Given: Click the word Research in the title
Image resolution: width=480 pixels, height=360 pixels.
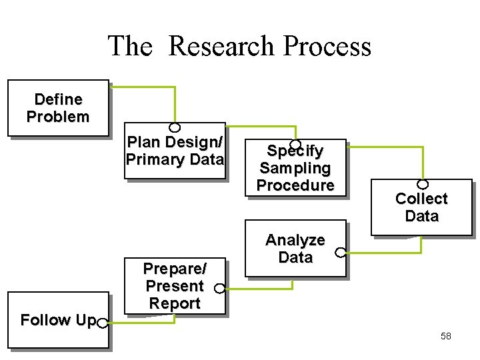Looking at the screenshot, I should pos(223,47).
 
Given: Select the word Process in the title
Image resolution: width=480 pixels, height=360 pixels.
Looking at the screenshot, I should pos(327,47).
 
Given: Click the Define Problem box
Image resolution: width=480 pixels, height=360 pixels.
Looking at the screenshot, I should pos(58,108).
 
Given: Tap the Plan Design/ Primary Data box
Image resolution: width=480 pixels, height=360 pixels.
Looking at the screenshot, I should pos(175,151).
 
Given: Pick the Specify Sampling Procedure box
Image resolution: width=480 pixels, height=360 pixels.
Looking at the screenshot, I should pos(295,168).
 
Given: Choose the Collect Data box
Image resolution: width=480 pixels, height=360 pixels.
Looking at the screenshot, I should pos(421,207).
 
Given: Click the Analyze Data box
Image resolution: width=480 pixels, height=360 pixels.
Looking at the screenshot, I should pos(295,248).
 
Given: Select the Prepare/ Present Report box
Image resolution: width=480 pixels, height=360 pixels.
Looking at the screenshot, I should pos(175,286).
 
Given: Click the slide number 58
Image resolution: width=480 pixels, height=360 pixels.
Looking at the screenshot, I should pos(446,336).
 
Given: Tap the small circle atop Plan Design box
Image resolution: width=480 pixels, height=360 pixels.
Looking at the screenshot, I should pos(175,127).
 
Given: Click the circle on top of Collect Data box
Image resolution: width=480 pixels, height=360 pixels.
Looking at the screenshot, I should pos(422,184).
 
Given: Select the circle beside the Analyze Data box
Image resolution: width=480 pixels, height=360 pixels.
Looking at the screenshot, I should pos(341,253).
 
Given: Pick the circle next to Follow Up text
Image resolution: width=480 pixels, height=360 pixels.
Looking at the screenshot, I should pos(102,323).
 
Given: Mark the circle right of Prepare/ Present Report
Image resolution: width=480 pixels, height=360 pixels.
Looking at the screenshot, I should pos(219,289).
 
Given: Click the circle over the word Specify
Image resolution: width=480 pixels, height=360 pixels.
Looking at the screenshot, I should pos(295,145).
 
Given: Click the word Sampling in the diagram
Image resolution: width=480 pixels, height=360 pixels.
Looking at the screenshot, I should pos(295,168).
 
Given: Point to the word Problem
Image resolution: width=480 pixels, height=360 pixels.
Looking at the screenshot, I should pos(58,117).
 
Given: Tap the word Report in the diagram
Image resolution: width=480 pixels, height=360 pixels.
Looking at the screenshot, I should pos(175,303).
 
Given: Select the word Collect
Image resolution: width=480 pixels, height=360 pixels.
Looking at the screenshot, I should pos(421,199).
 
